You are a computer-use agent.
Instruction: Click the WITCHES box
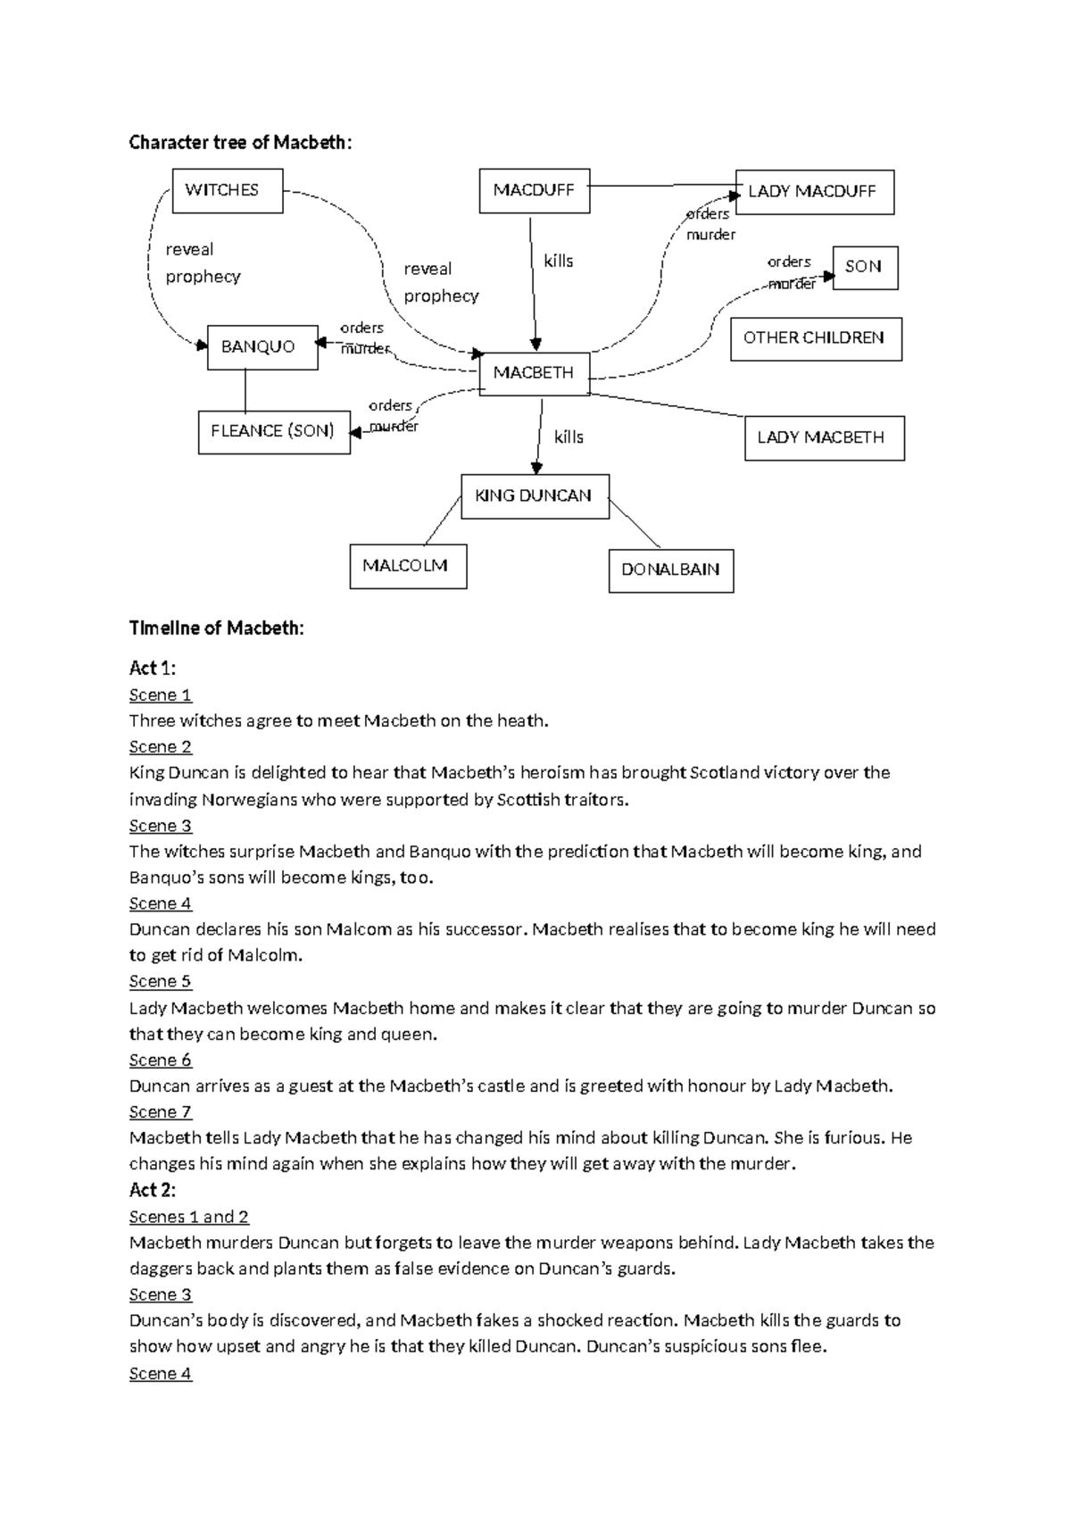click(227, 191)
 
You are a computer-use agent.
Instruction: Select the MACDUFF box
click(534, 191)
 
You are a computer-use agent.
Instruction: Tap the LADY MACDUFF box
click(814, 192)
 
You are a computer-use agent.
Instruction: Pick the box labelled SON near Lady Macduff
click(864, 268)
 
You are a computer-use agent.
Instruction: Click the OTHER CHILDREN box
click(815, 338)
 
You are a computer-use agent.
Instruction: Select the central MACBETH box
click(534, 373)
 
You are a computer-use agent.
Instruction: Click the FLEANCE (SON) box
click(273, 432)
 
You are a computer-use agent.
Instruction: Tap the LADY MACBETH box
click(823, 438)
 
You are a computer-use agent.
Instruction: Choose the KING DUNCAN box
click(534, 496)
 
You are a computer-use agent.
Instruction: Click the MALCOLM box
click(407, 567)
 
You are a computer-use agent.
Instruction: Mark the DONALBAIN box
click(670, 570)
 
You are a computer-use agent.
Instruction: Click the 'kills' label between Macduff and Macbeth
click(559, 262)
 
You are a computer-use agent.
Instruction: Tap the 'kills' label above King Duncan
click(569, 437)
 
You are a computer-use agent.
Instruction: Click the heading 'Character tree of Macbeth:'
click(240, 143)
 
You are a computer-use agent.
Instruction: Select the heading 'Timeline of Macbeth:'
click(216, 628)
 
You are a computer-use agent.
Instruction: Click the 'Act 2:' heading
click(153, 1190)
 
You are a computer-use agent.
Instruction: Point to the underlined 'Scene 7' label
click(161, 1112)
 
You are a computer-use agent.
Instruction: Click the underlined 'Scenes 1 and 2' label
click(189, 1217)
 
